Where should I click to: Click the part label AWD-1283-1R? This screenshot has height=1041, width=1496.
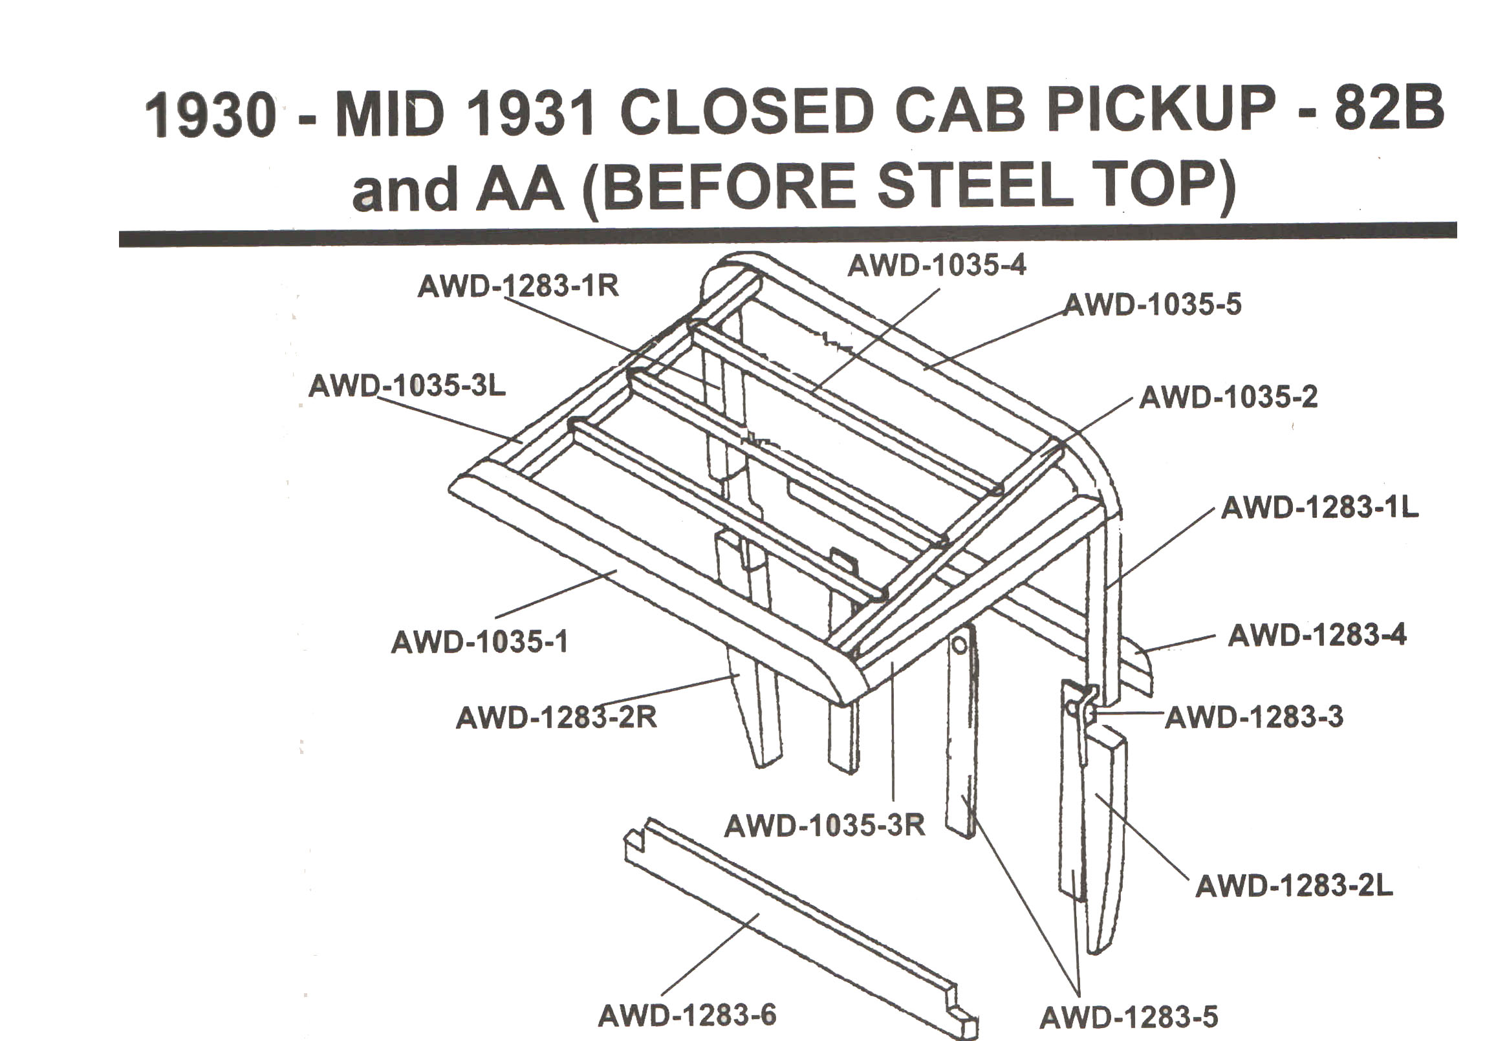click(x=518, y=286)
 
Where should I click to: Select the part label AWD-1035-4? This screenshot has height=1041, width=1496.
click(x=937, y=265)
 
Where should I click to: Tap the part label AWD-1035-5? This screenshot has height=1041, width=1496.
click(x=1152, y=305)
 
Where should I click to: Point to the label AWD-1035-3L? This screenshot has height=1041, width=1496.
click(x=407, y=386)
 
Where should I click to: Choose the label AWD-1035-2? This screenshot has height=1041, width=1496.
click(x=1228, y=398)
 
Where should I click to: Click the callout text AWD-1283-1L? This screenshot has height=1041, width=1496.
click(x=1319, y=508)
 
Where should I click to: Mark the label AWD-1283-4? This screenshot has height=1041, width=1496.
click(x=1317, y=635)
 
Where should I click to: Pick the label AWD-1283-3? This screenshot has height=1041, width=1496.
click(x=1253, y=717)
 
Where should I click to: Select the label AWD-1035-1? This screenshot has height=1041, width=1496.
click(x=479, y=643)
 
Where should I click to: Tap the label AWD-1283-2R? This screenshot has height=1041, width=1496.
click(x=556, y=718)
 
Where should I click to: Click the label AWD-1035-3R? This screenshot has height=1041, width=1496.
click(x=824, y=826)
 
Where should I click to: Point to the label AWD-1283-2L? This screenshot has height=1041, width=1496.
click(x=1294, y=886)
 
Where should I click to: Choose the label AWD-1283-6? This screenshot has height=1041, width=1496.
click(x=687, y=1015)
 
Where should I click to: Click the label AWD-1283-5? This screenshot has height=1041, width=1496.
click(x=1129, y=1018)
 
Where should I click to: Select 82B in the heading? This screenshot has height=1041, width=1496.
click(x=1389, y=111)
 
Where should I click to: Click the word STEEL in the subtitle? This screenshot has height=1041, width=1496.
click(x=975, y=187)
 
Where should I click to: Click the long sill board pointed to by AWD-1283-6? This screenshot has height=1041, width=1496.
click(x=801, y=932)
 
